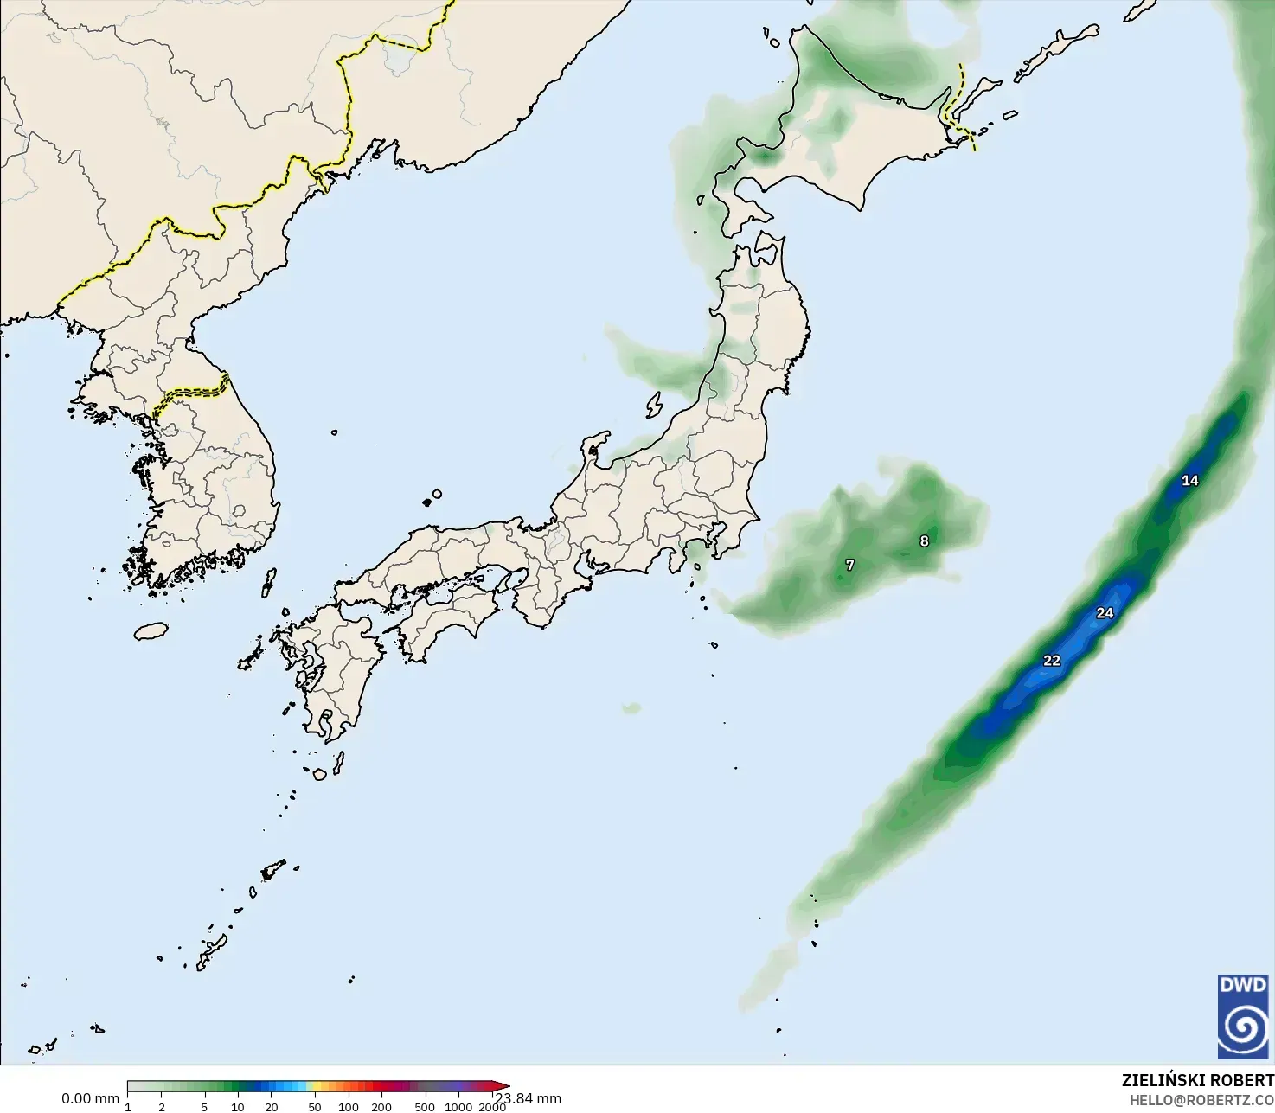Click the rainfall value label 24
pyautogui.click(x=1105, y=613)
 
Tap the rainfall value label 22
pyautogui.click(x=1051, y=661)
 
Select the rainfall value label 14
pyautogui.click(x=1190, y=481)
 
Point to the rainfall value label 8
pyautogui.click(x=924, y=541)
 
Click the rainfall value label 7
pyautogui.click(x=849, y=566)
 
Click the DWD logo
pyautogui.click(x=1243, y=1016)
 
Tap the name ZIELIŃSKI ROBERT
pyautogui.click(x=1197, y=1080)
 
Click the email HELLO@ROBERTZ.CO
pyautogui.click(x=1201, y=1100)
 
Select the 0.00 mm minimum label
pyautogui.click(x=90, y=1098)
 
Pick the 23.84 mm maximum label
pyautogui.click(x=529, y=1098)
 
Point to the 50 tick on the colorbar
pyautogui.click(x=315, y=1106)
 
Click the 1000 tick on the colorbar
pyautogui.click(x=458, y=1106)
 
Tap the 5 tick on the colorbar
pyautogui.click(x=204, y=1106)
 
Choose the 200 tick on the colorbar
pyautogui.click(x=381, y=1106)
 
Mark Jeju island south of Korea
pyautogui.click(x=151, y=631)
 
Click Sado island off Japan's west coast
pyautogui.click(x=654, y=404)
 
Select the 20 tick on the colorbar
pyautogui.click(x=272, y=1106)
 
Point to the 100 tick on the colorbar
pyautogui.click(x=349, y=1106)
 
